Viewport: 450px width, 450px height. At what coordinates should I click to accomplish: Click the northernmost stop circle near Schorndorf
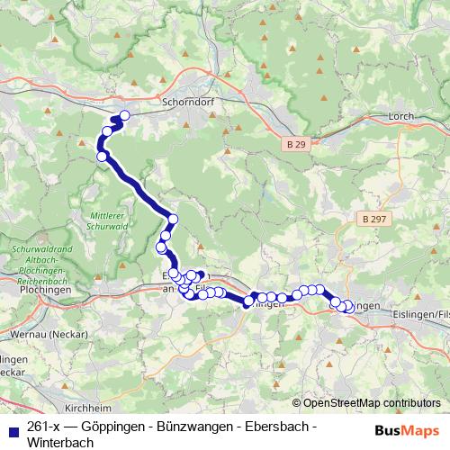click(x=124, y=115)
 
